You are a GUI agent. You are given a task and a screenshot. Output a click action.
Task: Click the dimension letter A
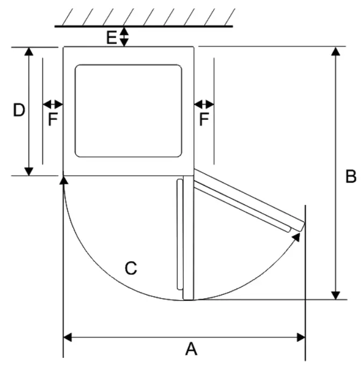click(191, 350)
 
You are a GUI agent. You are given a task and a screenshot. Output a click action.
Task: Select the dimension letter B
click(351, 177)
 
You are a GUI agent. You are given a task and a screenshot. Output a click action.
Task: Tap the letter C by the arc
click(131, 268)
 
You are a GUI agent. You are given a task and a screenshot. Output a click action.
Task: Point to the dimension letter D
click(19, 110)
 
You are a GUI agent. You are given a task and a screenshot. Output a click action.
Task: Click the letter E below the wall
click(111, 37)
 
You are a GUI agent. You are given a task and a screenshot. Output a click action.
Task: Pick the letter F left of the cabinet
click(52, 119)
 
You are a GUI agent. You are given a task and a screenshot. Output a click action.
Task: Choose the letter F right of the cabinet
click(204, 119)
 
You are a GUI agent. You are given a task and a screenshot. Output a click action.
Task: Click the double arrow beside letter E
click(124, 37)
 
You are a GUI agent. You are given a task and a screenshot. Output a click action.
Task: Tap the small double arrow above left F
click(53, 104)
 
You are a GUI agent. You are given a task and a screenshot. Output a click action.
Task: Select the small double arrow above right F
click(204, 104)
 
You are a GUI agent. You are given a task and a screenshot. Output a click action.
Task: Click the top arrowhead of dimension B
click(336, 51)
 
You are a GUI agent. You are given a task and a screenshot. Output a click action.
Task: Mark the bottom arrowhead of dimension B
click(336, 295)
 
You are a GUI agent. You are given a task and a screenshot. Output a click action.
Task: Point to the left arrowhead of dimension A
click(68, 337)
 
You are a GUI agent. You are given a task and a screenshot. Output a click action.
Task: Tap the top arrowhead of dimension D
click(29, 51)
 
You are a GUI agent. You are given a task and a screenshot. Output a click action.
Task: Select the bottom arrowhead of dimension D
click(29, 171)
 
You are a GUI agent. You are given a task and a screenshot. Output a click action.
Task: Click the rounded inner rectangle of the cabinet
click(128, 110)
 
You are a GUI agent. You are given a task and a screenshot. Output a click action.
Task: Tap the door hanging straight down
click(180, 237)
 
